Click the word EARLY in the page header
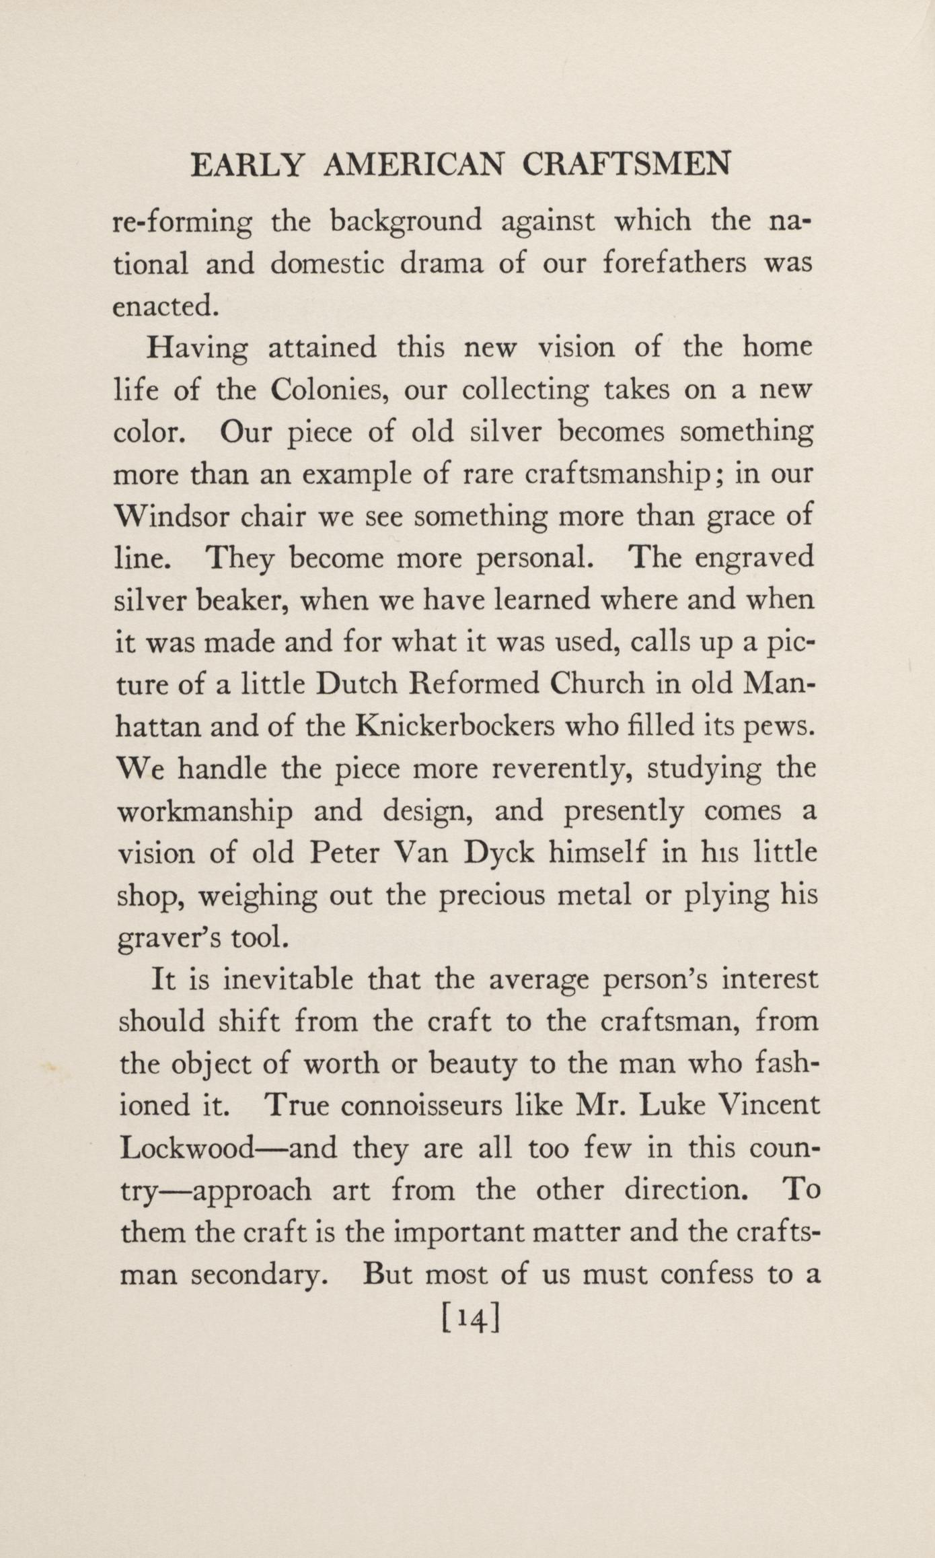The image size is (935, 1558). pos(248,165)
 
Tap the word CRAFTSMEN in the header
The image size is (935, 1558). pos(626,165)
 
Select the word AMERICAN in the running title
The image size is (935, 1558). pos(414,165)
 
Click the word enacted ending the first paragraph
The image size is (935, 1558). pos(165,306)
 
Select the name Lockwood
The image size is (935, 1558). pos(186,1149)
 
